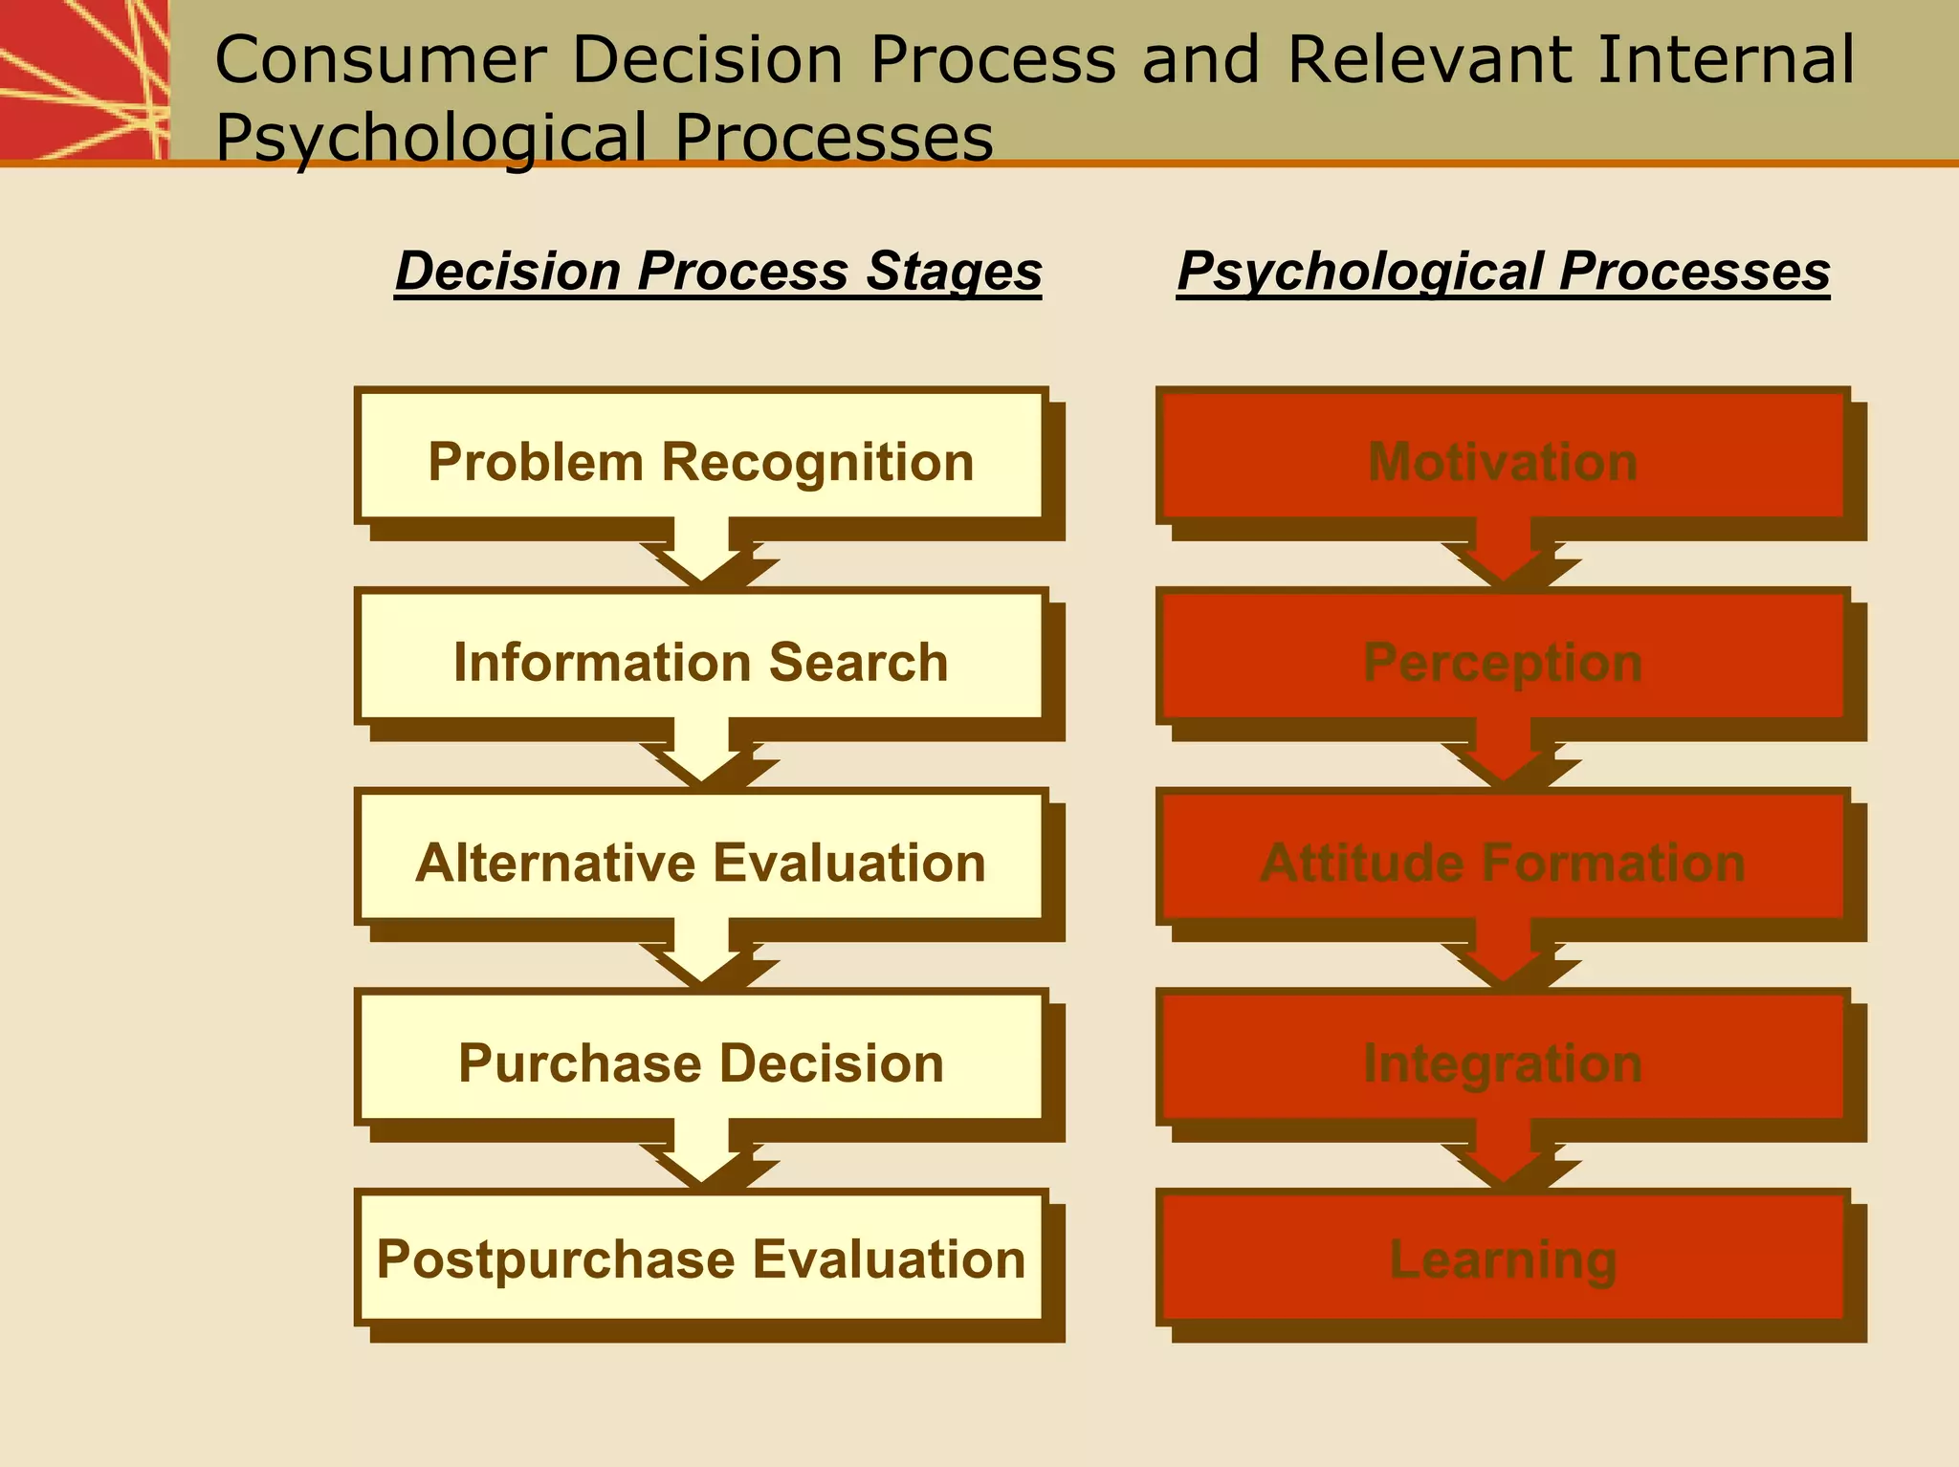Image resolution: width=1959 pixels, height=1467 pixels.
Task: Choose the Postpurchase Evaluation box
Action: [x=701, y=1259]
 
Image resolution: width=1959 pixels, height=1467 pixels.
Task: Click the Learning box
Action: [x=1503, y=1259]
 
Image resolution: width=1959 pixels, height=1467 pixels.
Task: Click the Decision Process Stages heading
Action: [x=717, y=271]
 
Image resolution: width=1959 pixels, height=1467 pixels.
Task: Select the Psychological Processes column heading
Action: [x=1503, y=271]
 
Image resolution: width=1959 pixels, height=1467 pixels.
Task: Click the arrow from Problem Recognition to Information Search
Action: [x=702, y=555]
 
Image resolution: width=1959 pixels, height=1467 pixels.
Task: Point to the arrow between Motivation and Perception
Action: [x=1504, y=555]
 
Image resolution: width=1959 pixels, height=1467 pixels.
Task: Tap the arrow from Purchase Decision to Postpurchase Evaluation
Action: [x=702, y=1157]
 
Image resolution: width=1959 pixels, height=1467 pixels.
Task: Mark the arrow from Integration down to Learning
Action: [x=1504, y=1157]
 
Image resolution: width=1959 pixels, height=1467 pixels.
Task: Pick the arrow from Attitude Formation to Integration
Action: [x=1504, y=956]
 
